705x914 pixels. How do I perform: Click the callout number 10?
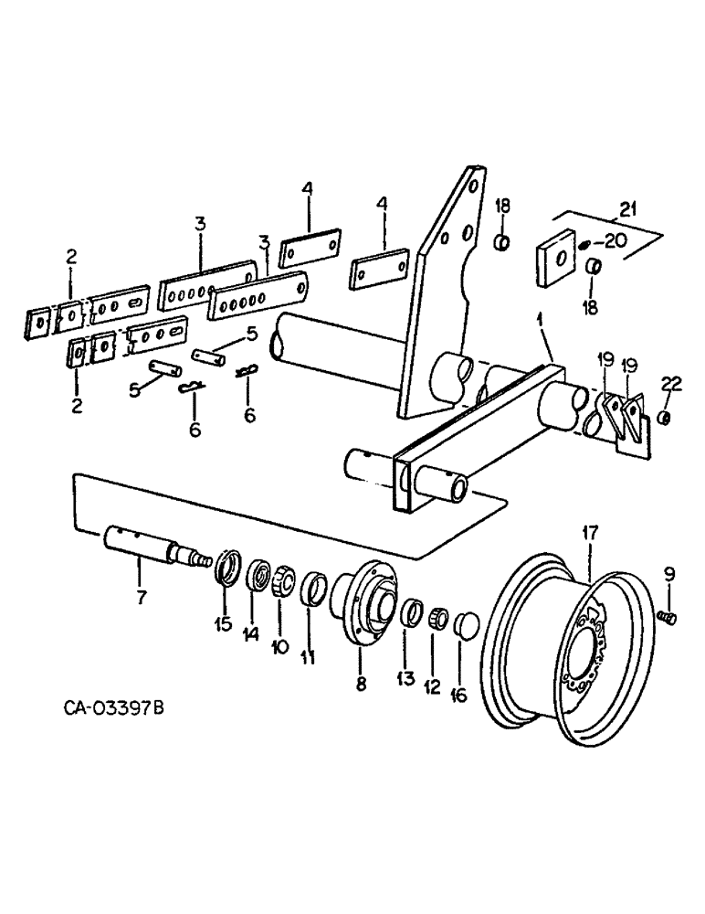pos(280,645)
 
